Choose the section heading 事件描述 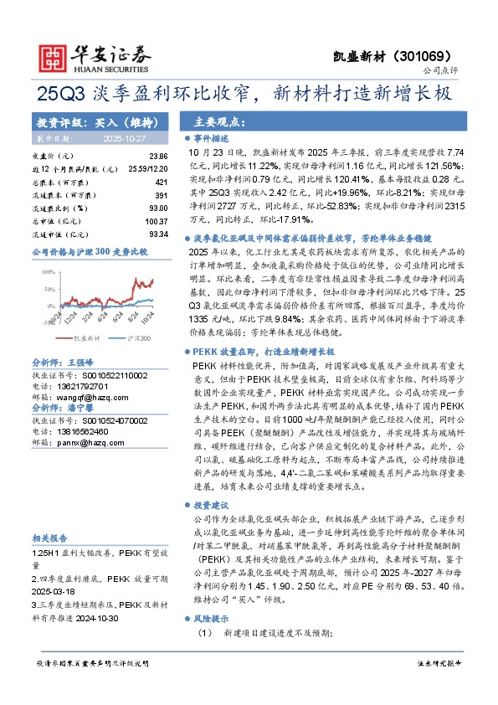click(x=210, y=136)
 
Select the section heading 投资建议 click(x=210, y=506)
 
